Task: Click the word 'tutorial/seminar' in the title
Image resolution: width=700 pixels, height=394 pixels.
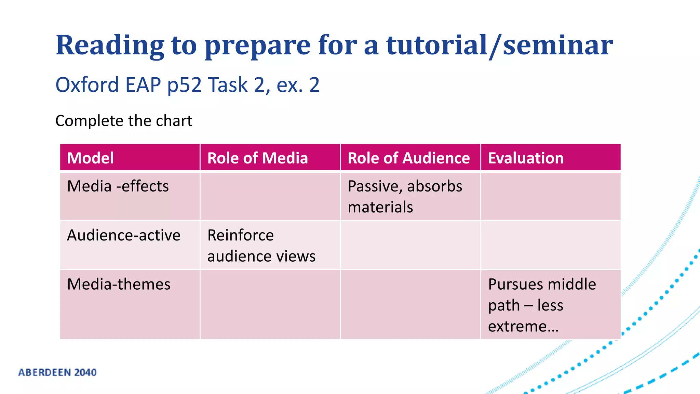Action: point(499,45)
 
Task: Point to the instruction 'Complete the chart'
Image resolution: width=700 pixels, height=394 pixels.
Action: point(124,121)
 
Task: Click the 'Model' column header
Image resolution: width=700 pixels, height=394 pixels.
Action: point(91,158)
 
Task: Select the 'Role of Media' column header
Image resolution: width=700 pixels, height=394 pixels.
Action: point(257,158)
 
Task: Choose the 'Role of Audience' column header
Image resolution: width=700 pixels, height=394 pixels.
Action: point(408,158)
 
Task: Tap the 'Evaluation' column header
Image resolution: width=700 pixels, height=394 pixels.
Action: point(526,158)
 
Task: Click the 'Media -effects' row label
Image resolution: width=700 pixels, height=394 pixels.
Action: point(118,186)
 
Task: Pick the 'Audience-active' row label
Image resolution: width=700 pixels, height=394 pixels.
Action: point(124,235)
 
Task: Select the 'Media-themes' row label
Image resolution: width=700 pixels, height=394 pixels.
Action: point(119,284)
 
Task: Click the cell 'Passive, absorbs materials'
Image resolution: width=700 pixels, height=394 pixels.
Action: point(405,197)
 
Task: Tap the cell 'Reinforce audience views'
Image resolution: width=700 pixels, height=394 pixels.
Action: point(261,246)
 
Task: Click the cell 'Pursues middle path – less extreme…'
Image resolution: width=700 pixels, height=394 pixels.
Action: point(542,305)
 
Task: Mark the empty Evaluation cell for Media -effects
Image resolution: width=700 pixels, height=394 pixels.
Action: point(550,197)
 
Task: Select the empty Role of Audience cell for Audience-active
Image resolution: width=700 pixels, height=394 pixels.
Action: point(410,245)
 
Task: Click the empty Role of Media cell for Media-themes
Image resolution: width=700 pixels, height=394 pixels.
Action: point(270,304)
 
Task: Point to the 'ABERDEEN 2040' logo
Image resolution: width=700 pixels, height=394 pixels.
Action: point(57,372)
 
